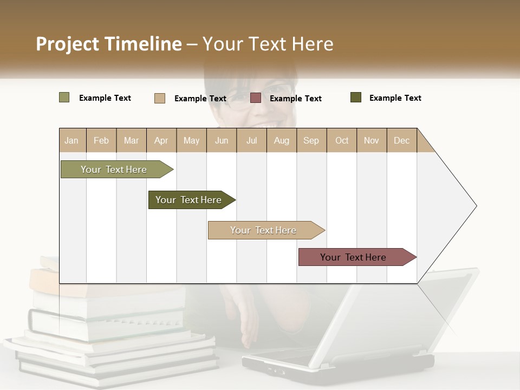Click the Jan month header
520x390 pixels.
[72, 140]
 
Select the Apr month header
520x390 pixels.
[161, 140]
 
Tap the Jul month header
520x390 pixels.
[251, 140]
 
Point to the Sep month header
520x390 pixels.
[311, 140]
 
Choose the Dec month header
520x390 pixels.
[401, 140]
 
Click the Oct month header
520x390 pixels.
[342, 140]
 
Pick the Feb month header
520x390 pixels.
[101, 140]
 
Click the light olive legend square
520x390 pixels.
[64, 97]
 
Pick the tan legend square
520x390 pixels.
[160, 98]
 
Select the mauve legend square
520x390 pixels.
[256, 98]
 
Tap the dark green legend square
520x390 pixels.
[356, 97]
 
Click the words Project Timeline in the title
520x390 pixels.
[108, 44]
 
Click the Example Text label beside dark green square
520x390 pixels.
[395, 98]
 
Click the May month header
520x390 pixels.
[191, 140]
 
